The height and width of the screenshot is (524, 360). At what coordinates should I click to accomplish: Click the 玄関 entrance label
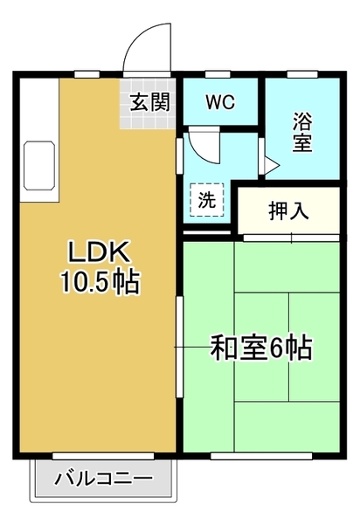[x=149, y=102]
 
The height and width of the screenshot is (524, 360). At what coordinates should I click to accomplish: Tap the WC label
[x=220, y=102]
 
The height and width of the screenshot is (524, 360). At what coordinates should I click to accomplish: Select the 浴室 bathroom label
[x=302, y=132]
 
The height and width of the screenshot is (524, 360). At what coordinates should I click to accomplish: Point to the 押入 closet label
[x=288, y=211]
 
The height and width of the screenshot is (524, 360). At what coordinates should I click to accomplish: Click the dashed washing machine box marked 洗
[x=206, y=199]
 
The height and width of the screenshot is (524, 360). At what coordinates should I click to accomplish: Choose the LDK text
[x=99, y=252]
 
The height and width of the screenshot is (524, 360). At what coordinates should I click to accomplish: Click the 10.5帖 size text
[x=100, y=283]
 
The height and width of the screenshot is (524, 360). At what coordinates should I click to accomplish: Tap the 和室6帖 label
[x=261, y=348]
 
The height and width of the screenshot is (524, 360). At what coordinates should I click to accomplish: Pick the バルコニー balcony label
[x=103, y=479]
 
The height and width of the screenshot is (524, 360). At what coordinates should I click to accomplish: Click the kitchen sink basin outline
[x=39, y=166]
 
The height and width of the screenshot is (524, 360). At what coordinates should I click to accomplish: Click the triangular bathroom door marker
[x=272, y=165]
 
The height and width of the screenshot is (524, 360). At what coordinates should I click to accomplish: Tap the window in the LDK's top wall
[x=87, y=74]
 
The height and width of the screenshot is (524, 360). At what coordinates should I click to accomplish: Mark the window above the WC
[x=218, y=74]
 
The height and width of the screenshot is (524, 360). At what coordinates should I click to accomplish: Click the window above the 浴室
[x=302, y=74]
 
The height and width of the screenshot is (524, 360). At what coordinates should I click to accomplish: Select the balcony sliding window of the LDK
[x=103, y=456]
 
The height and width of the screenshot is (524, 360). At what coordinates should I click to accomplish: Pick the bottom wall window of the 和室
[x=261, y=456]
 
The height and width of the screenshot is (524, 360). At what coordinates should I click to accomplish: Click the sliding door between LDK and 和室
[x=180, y=347]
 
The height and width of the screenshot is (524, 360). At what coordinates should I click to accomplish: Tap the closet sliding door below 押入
[x=291, y=238]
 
